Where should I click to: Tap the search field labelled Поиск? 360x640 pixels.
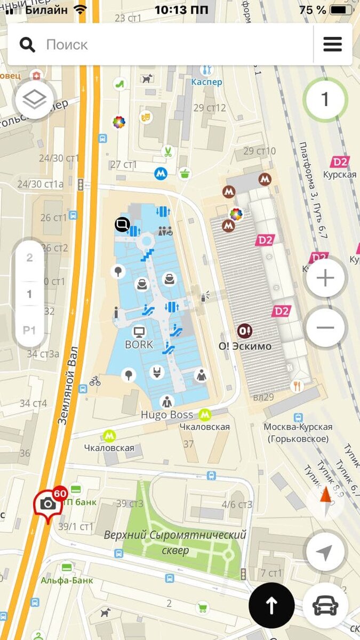pos(160,44)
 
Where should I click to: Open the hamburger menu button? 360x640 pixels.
pos(332,44)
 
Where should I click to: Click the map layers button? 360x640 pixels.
pos(35,99)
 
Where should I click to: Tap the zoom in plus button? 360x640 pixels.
pos(325,278)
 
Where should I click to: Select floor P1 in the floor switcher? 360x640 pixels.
pos(29,330)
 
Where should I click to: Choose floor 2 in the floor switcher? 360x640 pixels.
pos(29,258)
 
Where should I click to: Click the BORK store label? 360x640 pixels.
pos(139,345)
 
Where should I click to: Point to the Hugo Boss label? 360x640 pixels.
pos(167,414)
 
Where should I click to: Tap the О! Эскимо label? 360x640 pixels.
pos(245,346)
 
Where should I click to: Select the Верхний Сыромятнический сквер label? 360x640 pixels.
pos(175,542)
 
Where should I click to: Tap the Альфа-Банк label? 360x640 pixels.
pos(67,580)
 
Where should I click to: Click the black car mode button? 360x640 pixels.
pos(325,605)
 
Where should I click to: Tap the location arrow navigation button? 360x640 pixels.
pos(325,553)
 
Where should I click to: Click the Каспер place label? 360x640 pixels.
pos(206,82)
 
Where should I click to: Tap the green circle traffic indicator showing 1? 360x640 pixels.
pos(325,99)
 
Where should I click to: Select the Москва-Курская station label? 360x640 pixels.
pos(298,433)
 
